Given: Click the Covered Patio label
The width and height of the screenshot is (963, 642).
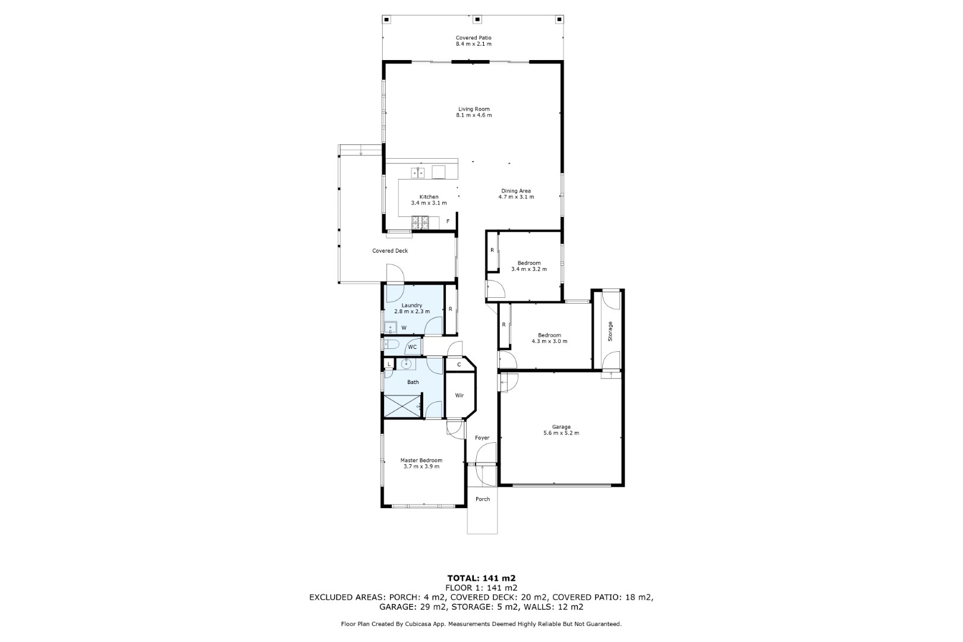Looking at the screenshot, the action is (473, 38).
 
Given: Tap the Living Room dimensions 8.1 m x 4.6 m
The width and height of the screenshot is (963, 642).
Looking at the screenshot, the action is (474, 115).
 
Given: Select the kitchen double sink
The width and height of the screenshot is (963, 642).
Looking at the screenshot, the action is (417, 172).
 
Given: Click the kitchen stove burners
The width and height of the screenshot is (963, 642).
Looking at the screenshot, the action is (420, 222).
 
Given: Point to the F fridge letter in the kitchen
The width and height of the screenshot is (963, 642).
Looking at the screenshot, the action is (448, 222).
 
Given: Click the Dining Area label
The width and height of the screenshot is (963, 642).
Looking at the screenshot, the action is (516, 191).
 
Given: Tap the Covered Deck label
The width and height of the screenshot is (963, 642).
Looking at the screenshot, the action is (390, 251).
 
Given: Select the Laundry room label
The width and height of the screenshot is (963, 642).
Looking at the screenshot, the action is (412, 306).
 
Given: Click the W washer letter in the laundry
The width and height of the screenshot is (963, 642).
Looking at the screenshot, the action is (404, 328).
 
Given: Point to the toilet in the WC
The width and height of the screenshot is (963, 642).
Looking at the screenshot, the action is (391, 344).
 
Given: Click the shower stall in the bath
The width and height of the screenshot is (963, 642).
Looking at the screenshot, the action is (402, 407).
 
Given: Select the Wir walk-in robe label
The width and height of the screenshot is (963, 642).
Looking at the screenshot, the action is (460, 396).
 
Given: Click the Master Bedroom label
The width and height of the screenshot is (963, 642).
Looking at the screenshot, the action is (421, 461).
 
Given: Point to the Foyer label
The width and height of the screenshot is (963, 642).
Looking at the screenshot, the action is (482, 438).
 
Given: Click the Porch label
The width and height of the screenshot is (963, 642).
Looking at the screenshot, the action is (482, 499).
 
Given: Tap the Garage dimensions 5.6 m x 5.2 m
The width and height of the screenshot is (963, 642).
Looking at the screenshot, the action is (561, 433).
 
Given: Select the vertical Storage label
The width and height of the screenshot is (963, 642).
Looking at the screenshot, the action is (610, 332).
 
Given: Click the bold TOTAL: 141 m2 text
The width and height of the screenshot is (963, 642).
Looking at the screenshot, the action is (481, 578).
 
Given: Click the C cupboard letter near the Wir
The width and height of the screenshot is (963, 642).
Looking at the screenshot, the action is (459, 364).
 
